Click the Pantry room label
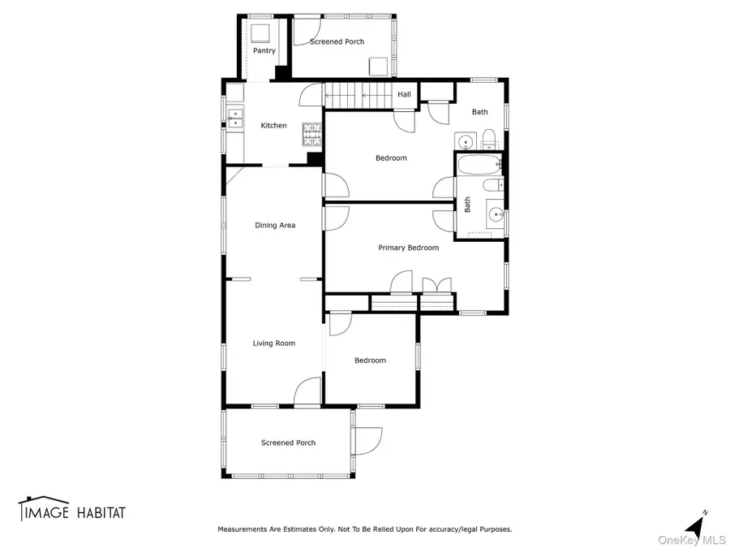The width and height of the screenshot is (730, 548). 264,50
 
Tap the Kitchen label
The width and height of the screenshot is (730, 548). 273,126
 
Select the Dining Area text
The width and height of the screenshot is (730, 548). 275,225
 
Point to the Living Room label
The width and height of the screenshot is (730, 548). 274,343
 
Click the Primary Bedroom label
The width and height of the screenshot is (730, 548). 408,248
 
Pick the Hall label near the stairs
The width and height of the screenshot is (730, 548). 404,95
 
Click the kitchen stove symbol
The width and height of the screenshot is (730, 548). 312,132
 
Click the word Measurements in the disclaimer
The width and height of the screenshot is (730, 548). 245,529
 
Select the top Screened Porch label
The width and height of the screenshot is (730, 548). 337,41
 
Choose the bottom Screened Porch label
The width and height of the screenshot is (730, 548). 288,442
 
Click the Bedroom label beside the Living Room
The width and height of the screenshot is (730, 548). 370,360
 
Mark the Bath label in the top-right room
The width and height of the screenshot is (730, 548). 480,112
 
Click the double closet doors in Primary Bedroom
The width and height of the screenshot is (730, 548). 436,285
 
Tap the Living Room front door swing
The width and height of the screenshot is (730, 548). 307,391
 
